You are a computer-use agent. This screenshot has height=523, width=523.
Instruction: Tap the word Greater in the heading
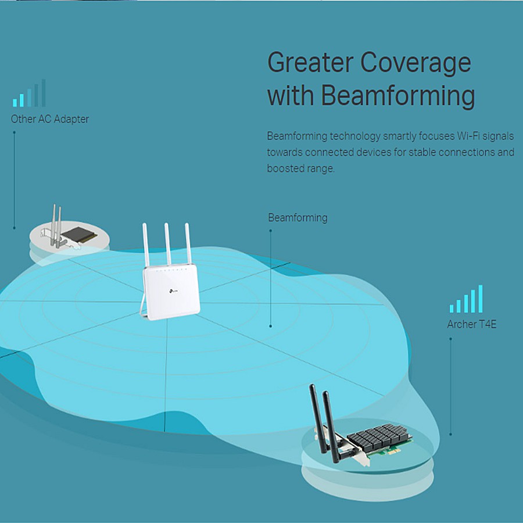pos(310,62)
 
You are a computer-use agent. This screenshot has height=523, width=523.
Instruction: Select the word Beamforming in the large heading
pos(398,96)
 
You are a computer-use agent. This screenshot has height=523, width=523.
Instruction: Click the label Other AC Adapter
pos(50,119)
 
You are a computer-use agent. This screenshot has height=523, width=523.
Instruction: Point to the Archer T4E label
pos(472,324)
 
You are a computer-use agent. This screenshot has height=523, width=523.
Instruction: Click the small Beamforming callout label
pos(298,218)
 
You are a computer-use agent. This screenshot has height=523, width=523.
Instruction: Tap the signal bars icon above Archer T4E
pos(466,300)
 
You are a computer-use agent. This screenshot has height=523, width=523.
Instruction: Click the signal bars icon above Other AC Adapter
pos(29,94)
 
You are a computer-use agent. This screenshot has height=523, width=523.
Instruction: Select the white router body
pos(171,291)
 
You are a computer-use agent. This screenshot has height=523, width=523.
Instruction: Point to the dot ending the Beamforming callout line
pos(271,326)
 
